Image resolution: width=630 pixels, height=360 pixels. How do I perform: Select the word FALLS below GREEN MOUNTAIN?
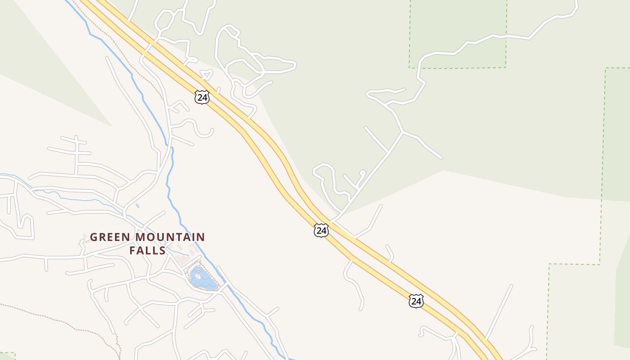point(148,250)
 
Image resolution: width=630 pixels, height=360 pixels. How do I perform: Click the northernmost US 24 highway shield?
point(202,97)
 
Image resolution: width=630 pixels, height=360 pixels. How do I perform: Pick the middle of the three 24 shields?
point(321,231)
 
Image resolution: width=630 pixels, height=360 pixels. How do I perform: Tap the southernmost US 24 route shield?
point(416,301)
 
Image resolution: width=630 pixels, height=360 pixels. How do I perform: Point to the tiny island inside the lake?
point(198,275)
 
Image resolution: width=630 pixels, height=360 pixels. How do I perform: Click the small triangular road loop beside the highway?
point(206,75)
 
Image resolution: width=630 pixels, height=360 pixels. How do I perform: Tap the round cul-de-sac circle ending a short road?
point(362,172)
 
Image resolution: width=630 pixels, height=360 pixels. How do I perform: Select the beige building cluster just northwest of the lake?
point(182,259)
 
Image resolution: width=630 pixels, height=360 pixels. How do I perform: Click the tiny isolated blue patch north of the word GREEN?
point(137,206)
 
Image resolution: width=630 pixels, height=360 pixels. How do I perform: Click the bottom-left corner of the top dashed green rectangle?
point(409,68)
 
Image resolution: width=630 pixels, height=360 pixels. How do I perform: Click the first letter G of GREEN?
point(94,237)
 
